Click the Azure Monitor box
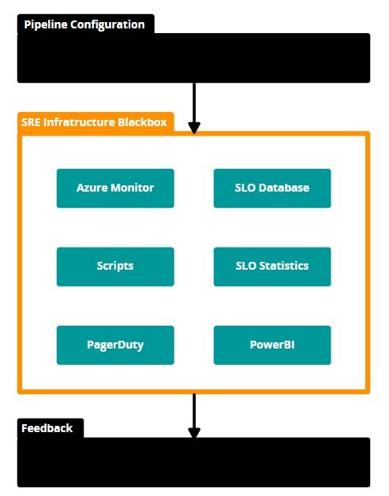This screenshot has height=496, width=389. click(x=115, y=188)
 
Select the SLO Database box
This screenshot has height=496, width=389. click(x=272, y=188)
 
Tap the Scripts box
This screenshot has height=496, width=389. click(x=115, y=267)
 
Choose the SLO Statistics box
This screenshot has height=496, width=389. click(x=272, y=267)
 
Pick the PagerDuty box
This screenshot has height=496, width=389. click(x=115, y=345)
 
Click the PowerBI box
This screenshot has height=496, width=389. click(x=272, y=345)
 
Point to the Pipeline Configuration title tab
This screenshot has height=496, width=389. click(x=86, y=24)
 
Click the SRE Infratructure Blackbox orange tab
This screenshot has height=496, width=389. click(x=95, y=122)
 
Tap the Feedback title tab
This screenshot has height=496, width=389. click(x=50, y=428)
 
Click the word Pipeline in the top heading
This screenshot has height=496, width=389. click(x=46, y=24)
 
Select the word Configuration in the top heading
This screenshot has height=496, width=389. click(x=107, y=24)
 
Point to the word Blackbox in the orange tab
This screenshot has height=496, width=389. click(x=142, y=122)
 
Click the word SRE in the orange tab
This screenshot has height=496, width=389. click(x=31, y=122)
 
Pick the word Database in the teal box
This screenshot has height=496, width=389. click(x=284, y=188)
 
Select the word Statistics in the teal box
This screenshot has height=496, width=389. click(x=284, y=266)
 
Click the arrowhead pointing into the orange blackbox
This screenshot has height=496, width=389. click(x=194, y=128)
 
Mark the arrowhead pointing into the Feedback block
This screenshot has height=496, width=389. click(x=194, y=433)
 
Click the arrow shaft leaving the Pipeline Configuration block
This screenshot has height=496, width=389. click(x=194, y=103)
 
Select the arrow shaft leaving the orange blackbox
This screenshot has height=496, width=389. click(x=194, y=411)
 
